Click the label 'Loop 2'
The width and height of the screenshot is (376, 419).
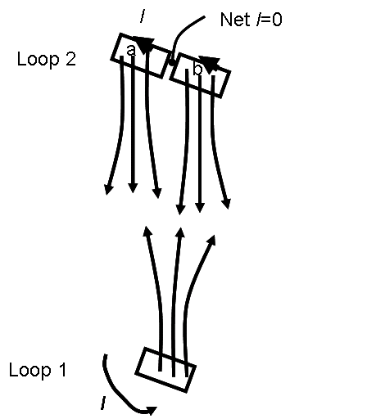click(47, 60)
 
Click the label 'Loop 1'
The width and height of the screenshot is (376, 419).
click(38, 371)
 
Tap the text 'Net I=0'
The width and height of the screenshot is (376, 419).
click(251, 20)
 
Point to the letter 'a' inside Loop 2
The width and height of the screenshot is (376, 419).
click(131, 51)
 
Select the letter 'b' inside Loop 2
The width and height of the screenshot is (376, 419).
click(197, 69)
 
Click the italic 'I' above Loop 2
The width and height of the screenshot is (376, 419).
click(143, 16)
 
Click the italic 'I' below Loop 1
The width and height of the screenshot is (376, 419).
click(103, 403)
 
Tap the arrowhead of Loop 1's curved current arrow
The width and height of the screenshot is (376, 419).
click(151, 410)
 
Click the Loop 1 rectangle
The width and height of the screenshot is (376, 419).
click(165, 370)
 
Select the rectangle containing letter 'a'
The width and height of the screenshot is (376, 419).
click(140, 56)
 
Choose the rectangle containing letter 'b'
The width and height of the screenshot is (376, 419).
click(200, 75)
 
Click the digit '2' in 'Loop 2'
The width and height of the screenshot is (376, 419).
click(70, 59)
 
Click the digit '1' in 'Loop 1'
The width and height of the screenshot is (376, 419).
click(62, 370)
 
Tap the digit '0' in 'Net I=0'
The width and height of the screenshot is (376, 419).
click(277, 20)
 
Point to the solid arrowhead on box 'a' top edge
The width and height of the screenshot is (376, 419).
click(143, 43)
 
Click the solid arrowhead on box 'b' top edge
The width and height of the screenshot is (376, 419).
click(210, 65)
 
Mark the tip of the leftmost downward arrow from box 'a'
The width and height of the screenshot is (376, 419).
click(107, 195)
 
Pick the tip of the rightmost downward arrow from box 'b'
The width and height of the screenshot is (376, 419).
click(228, 209)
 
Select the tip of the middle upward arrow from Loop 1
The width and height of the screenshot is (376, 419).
click(180, 227)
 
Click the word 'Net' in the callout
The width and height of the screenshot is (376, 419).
click(235, 20)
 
